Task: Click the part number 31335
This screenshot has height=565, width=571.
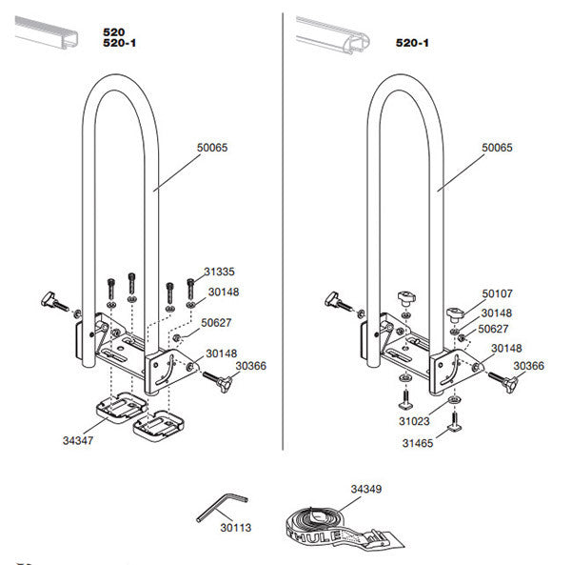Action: (222, 271)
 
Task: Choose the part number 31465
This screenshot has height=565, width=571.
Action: (417, 443)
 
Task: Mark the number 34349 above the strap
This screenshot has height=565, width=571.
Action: (365, 490)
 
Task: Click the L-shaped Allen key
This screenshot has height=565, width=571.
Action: (221, 509)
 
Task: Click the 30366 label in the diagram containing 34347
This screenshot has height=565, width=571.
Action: (250, 365)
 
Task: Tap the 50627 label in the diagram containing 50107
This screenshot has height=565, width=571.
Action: (495, 329)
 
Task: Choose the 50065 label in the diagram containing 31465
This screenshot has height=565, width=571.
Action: (497, 148)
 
